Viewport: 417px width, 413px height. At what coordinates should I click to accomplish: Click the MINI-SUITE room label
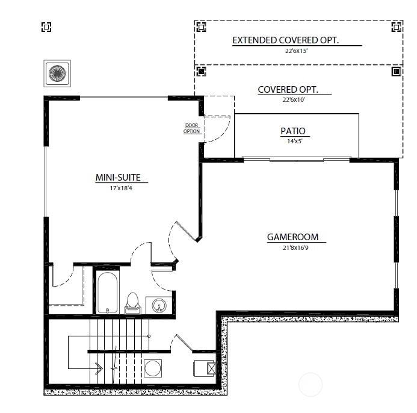(x=118, y=178)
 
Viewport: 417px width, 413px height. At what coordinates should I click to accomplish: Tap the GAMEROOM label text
(x=292, y=237)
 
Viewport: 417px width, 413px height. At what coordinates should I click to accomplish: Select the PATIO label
(x=293, y=131)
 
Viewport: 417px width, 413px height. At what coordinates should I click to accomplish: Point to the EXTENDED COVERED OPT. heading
(x=285, y=40)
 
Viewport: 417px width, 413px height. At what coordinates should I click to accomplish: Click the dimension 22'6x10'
(x=294, y=100)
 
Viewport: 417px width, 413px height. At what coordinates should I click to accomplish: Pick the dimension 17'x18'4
(x=121, y=188)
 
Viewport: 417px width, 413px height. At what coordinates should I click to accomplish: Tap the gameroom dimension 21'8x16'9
(x=295, y=248)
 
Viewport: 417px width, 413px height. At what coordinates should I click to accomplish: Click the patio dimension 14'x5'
(x=295, y=141)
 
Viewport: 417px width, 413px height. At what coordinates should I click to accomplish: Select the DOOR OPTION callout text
(x=191, y=128)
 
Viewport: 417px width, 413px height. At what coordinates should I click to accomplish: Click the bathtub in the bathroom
(x=107, y=293)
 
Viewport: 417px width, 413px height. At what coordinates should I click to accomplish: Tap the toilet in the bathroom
(x=132, y=303)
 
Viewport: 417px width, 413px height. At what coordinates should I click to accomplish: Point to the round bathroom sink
(x=159, y=305)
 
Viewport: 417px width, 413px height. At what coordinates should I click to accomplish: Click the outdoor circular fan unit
(x=57, y=73)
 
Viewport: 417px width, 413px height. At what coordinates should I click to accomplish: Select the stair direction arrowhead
(x=100, y=368)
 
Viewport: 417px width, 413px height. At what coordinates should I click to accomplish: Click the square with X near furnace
(x=211, y=368)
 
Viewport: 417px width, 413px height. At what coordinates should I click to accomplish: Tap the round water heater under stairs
(x=153, y=368)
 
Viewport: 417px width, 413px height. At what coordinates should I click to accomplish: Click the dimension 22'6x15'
(x=296, y=51)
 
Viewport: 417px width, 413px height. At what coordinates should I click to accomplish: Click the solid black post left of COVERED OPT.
(x=201, y=71)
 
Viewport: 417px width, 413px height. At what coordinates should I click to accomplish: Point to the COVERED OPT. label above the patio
(x=288, y=90)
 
